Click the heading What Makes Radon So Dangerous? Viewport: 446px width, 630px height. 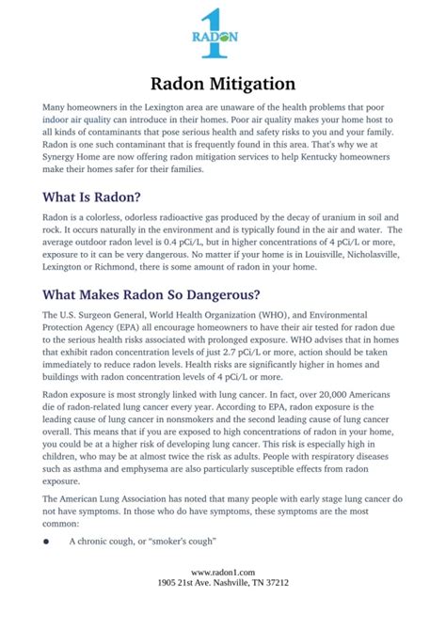tap(151, 293)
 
